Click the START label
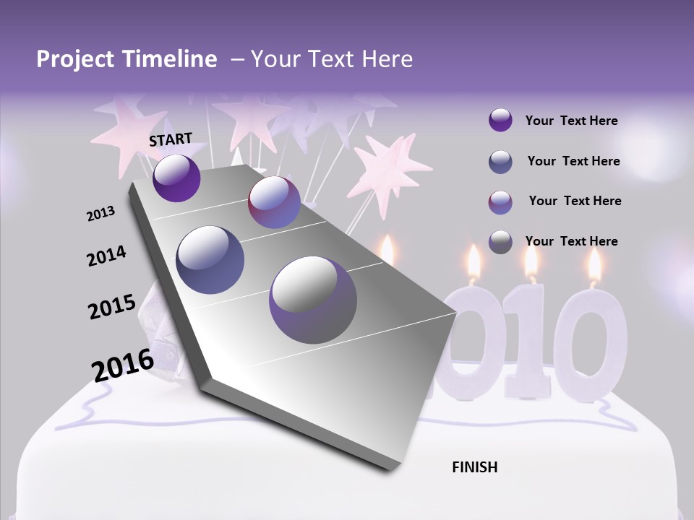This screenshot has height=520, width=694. [x=171, y=139]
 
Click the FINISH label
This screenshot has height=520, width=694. [x=474, y=467]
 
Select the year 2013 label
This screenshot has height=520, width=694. [x=101, y=214]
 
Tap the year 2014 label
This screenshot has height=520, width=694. [x=106, y=256]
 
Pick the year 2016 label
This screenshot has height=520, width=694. [x=123, y=365]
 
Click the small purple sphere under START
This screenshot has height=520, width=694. [x=176, y=178]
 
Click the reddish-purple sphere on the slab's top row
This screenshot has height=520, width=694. [x=274, y=202]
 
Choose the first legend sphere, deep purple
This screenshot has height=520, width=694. [x=500, y=121]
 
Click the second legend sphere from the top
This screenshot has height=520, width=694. [x=500, y=162]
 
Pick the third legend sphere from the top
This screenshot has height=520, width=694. [x=500, y=201]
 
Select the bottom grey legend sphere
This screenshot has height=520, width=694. [x=500, y=241]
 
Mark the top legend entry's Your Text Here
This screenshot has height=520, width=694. [x=571, y=121]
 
